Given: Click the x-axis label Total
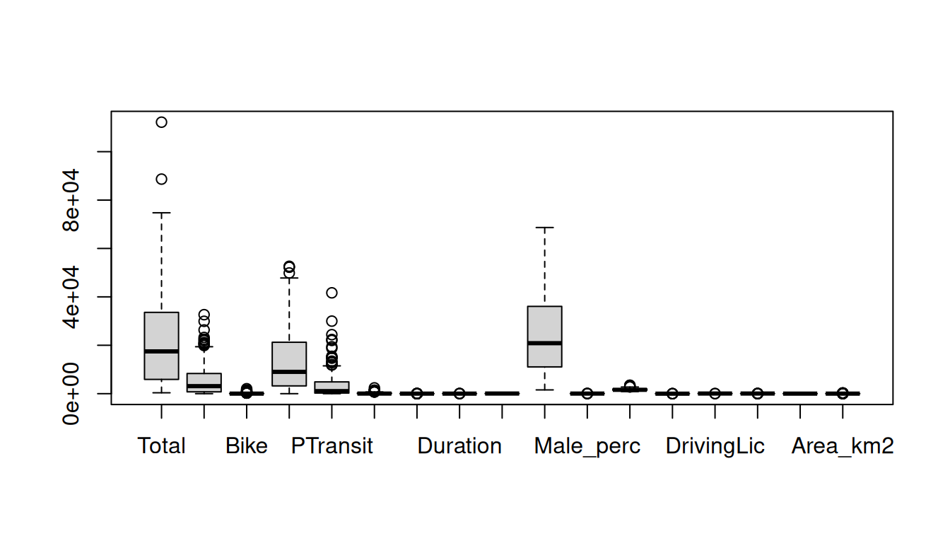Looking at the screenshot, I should (161, 446).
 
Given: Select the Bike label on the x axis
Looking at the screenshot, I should (247, 446).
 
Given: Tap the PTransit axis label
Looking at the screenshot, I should (332, 446).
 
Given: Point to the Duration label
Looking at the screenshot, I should (459, 446).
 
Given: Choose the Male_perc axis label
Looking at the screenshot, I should (587, 446).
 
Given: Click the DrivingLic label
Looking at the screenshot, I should (715, 446).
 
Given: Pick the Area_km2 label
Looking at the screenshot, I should (843, 446).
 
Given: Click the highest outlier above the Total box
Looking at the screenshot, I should (161, 122).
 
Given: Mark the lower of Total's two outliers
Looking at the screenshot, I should (161, 179).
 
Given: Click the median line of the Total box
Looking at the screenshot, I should (161, 351).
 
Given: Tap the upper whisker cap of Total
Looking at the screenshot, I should (161, 213).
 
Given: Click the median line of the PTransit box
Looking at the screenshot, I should (289, 371).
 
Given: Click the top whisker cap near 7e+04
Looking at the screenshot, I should (544, 228).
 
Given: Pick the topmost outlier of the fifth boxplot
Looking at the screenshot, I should (332, 293).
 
